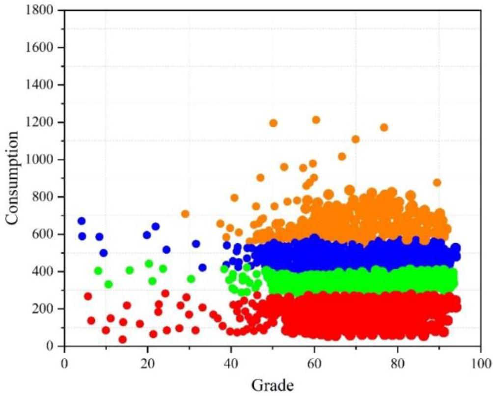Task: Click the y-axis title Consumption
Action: point(13,178)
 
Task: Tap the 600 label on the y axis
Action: point(48,234)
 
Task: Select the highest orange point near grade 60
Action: point(316,120)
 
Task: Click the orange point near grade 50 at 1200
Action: point(274,123)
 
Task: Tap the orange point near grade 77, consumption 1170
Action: point(384,127)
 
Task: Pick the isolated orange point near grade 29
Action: point(185,214)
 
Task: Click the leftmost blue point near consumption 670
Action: point(82,221)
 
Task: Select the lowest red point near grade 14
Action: point(123,339)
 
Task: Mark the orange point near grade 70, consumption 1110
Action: point(356,139)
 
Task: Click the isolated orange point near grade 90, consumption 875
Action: point(437,182)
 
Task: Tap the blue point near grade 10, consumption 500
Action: point(103,253)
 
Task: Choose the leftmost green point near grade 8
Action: point(98,271)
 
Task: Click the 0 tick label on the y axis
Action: point(54,346)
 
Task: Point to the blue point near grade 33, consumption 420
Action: point(202,268)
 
